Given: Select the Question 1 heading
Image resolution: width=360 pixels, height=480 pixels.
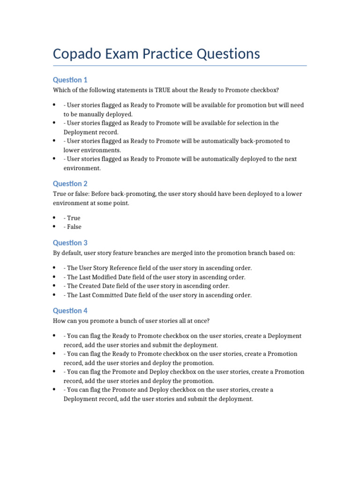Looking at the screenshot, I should point(70,80).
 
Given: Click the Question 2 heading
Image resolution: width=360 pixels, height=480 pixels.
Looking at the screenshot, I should point(70,184).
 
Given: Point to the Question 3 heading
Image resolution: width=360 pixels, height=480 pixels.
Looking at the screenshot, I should point(70,243).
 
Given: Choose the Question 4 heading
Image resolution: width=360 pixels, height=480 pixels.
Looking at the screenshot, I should point(70,311).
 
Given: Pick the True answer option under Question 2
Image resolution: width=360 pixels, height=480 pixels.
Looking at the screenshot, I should point(74,218).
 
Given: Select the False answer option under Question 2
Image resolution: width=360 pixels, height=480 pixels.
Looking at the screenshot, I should point(75,227).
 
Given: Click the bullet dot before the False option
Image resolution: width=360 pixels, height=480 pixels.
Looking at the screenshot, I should point(55,227).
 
